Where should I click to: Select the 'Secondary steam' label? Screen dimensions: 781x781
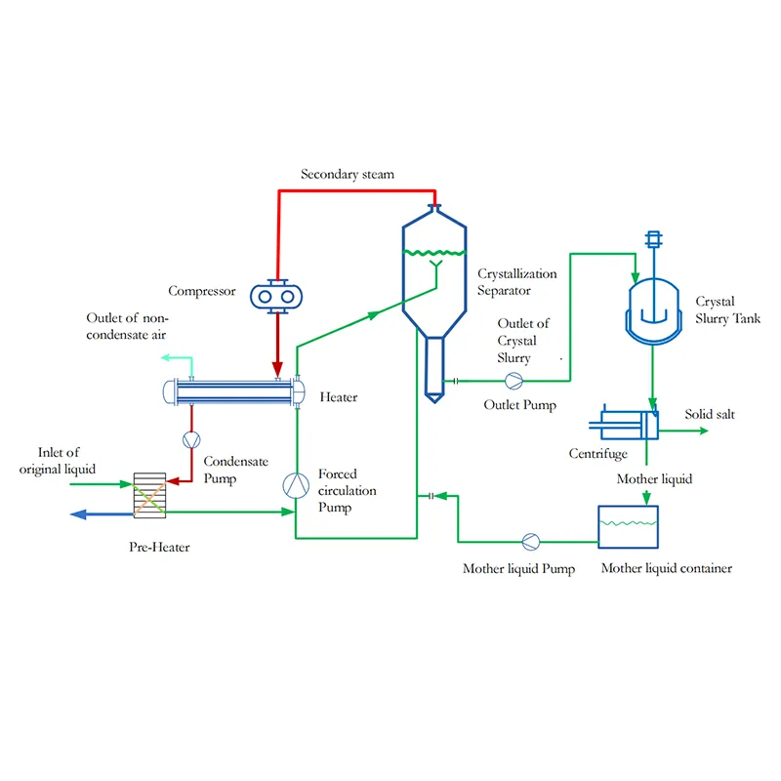point(348,175)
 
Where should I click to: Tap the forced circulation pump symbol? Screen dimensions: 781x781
point(295,483)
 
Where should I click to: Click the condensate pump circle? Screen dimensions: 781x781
point(191,440)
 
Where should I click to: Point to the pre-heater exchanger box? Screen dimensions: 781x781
point(149,496)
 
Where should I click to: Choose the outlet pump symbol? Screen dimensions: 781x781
point(514,380)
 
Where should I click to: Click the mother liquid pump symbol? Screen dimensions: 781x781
point(530,540)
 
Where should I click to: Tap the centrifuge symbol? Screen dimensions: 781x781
point(626,422)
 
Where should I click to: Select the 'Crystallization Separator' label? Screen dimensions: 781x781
point(517,282)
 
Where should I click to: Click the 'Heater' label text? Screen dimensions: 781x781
point(339,397)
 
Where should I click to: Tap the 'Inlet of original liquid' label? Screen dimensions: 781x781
point(66,461)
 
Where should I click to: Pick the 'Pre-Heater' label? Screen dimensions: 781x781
point(159,547)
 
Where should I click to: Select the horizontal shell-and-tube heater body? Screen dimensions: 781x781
point(234,393)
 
